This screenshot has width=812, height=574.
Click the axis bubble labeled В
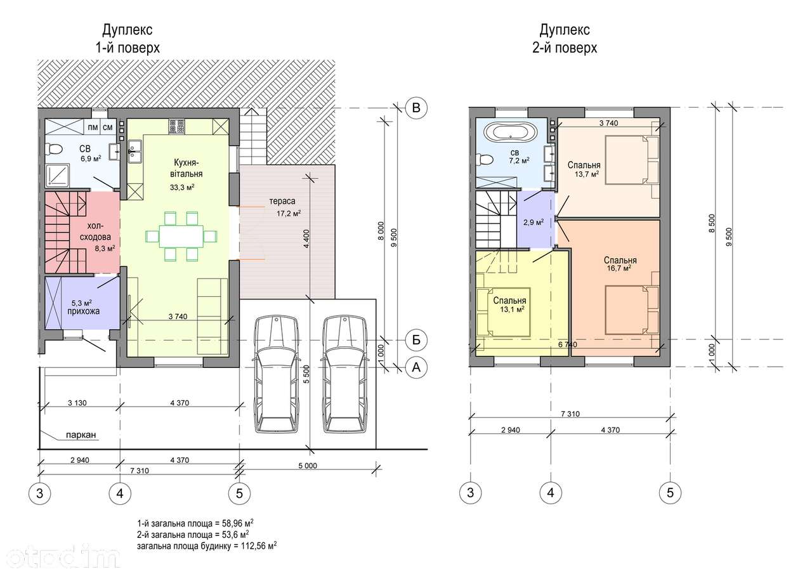pos(416,108)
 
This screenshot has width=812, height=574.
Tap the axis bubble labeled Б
pos(416,340)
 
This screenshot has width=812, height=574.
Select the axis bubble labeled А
pos(416,367)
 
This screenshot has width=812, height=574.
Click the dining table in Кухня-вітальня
pos(181,237)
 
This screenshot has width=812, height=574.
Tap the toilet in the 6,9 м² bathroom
pos(53,148)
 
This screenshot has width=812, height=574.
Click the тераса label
pos(282,201)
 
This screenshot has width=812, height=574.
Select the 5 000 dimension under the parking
pos(308,466)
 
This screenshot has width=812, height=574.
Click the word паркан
pos(81,434)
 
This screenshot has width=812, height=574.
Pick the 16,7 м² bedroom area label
pos(619,268)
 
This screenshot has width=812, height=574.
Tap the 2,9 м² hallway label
pos(534,222)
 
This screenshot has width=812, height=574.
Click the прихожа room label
pos(83,311)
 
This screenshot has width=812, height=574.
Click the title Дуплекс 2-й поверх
pos(565,39)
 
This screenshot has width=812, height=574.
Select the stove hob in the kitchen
pos(177,127)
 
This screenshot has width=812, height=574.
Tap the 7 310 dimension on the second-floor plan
pos(570,414)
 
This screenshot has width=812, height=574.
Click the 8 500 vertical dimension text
pos(712,223)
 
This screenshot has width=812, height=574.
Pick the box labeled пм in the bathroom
pos(93,127)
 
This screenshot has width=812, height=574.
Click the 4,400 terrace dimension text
pos(306,238)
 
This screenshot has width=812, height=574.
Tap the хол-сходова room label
pos(95,232)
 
